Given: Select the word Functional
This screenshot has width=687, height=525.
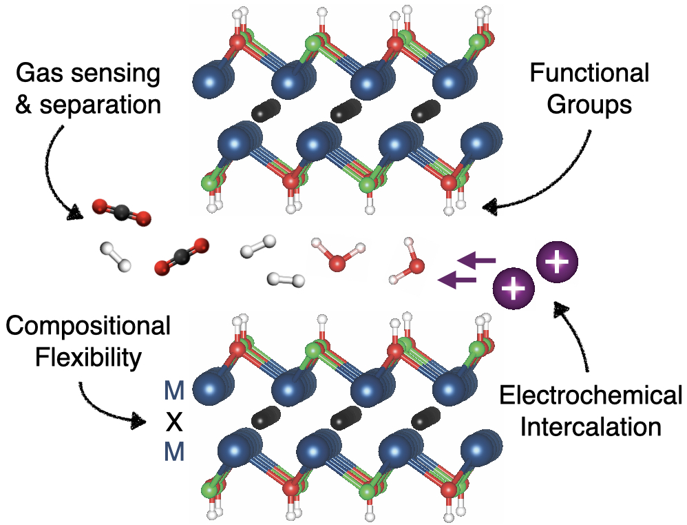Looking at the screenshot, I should click(x=590, y=74).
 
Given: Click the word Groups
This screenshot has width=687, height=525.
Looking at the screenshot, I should click(x=590, y=105).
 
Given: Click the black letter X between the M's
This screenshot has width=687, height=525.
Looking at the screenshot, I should click(x=175, y=422).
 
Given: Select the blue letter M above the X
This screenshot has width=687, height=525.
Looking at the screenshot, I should click(x=175, y=391).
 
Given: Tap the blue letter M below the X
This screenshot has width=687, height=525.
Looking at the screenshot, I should click(x=175, y=452).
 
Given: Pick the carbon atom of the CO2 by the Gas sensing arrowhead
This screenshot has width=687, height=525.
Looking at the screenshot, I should click(x=120, y=213).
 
